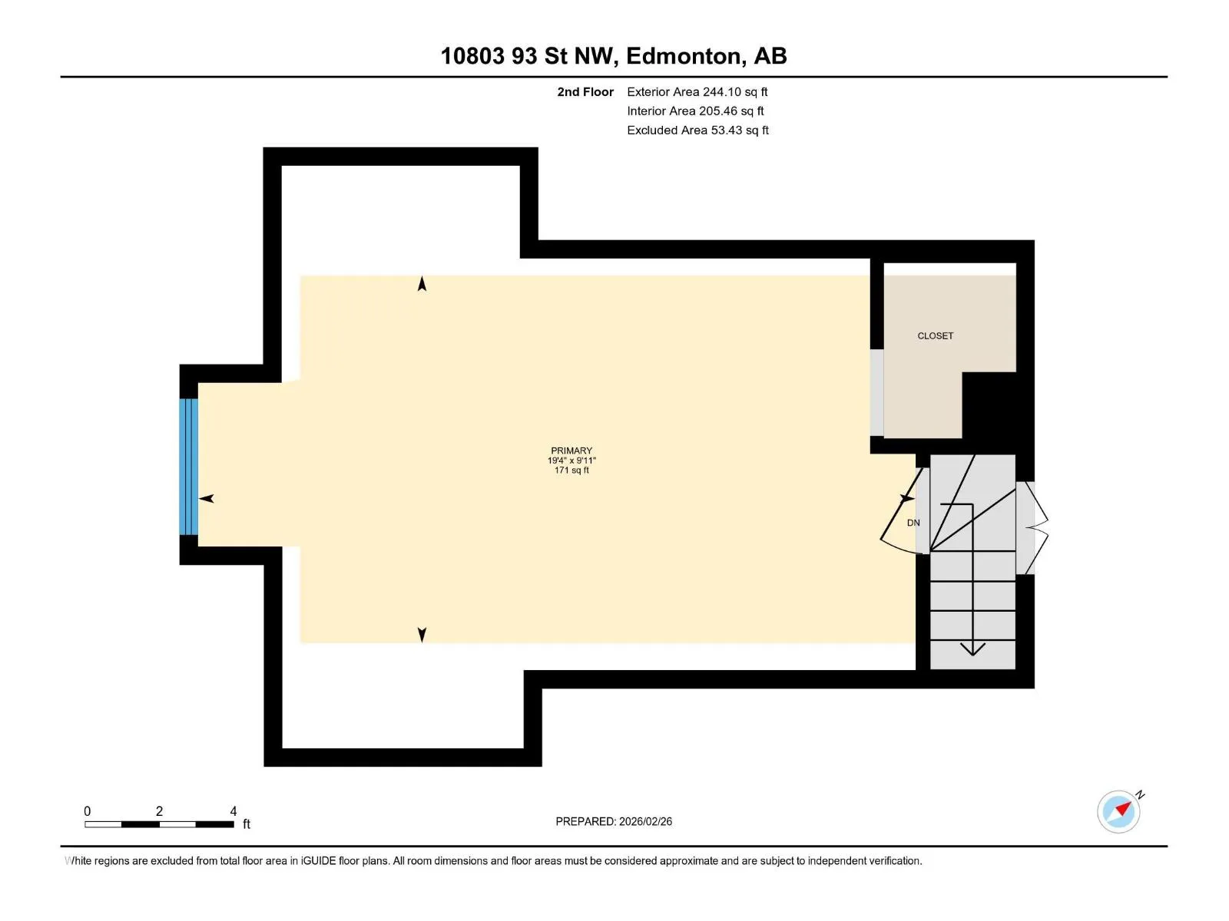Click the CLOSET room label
(x=935, y=336)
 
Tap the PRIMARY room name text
(x=571, y=451)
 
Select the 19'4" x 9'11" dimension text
(x=571, y=460)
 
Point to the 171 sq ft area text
(x=571, y=470)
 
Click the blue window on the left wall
(x=189, y=467)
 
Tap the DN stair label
(x=913, y=523)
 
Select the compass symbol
(x=1118, y=811)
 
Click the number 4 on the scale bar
(x=234, y=811)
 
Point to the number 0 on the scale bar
(x=88, y=811)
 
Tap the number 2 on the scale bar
(x=159, y=811)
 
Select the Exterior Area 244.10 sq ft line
(x=697, y=91)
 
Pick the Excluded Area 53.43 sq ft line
(x=697, y=130)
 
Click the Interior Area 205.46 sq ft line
(x=695, y=111)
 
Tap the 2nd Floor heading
(x=585, y=91)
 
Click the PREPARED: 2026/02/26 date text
(x=614, y=821)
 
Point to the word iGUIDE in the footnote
(x=319, y=860)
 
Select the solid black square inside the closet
(x=989, y=405)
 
